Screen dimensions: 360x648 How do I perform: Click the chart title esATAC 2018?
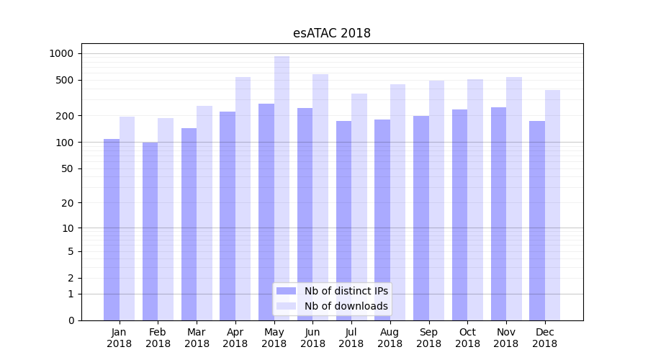click(331, 33)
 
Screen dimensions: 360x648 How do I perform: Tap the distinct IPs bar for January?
click(112, 230)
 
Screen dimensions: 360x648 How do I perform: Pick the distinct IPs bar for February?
click(150, 231)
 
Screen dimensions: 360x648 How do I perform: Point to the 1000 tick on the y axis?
click(61, 53)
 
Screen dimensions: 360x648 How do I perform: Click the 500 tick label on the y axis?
click(64, 80)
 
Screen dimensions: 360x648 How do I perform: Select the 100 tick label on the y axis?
click(64, 142)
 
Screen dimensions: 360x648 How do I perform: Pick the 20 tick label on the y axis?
click(67, 203)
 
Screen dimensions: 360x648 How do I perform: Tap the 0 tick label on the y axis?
click(71, 320)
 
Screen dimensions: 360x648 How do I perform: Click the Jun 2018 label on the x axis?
click(312, 338)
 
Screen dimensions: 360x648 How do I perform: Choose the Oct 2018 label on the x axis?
click(467, 338)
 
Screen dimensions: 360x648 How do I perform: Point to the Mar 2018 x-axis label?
click(197, 338)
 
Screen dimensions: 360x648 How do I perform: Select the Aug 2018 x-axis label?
click(390, 338)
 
